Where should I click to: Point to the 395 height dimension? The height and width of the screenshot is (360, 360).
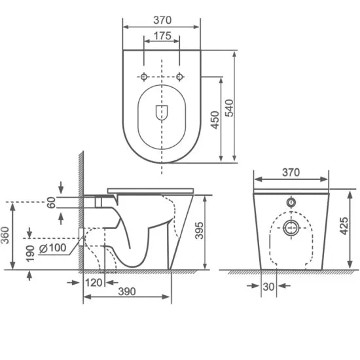[196, 232]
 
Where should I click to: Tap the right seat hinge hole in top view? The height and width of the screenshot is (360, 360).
[179, 77]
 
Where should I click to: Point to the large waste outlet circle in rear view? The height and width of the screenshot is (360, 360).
[291, 228]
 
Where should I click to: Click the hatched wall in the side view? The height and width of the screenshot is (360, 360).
[79, 209]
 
